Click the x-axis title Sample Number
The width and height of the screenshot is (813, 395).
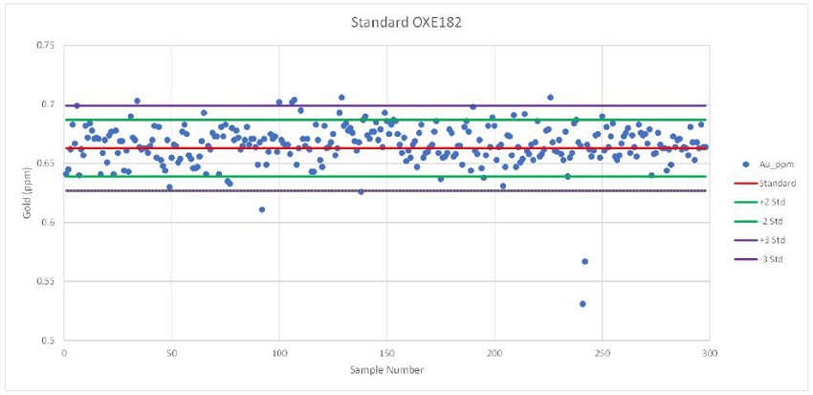(x=386, y=369)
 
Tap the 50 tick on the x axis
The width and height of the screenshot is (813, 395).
(x=171, y=352)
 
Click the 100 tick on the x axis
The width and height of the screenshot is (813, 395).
(x=278, y=352)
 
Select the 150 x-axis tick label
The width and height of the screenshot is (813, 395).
(x=386, y=352)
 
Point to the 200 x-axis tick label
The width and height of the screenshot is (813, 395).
(x=494, y=352)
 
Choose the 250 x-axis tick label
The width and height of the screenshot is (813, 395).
(x=602, y=352)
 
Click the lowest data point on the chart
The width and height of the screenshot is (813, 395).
(x=582, y=303)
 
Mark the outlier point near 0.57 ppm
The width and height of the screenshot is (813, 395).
(x=585, y=261)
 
